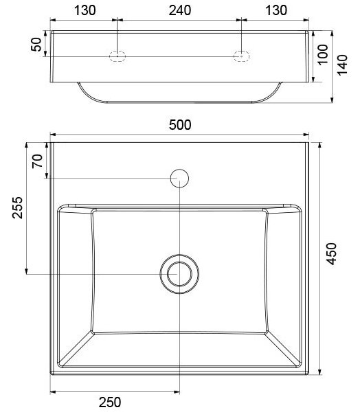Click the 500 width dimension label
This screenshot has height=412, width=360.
click(x=180, y=125)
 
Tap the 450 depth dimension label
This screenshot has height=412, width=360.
click(x=331, y=253)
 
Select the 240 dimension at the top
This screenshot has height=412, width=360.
click(x=180, y=10)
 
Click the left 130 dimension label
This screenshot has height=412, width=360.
click(x=85, y=10)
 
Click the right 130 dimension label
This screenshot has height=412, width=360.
click(x=276, y=10)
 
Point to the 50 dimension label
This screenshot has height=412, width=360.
click(x=36, y=45)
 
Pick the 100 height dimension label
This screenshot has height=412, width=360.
click(x=323, y=54)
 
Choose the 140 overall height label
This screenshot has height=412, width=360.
click(x=342, y=65)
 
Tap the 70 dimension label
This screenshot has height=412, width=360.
click(x=37, y=161)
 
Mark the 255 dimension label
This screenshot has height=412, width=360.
click(x=18, y=207)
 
